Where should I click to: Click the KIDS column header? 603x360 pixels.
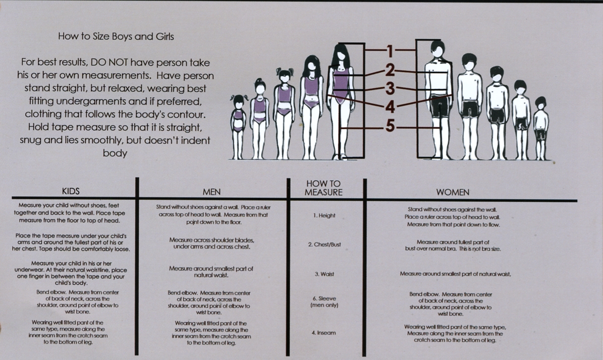click(x=71, y=191)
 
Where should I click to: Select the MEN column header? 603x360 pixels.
click(x=211, y=192)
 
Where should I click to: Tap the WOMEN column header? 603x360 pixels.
click(x=453, y=192)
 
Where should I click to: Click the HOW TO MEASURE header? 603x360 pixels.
click(x=323, y=188)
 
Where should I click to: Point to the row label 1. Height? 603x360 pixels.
click(x=324, y=216)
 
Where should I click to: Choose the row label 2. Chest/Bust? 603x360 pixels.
click(x=324, y=244)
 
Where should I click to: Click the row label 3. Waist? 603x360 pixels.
click(x=324, y=274)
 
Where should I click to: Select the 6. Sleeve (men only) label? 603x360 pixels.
click(x=324, y=301)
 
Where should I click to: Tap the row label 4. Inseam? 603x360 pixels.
click(x=323, y=333)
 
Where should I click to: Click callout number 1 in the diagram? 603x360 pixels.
click(x=390, y=50)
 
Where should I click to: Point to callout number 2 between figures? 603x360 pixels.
click(x=390, y=70)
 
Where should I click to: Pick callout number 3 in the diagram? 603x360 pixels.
click(x=390, y=88)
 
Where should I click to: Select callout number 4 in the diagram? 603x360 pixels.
click(x=390, y=107)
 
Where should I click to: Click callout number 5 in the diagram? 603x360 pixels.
click(x=390, y=126)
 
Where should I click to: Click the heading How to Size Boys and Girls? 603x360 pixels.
click(x=116, y=36)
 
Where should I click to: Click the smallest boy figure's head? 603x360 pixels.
click(x=541, y=104)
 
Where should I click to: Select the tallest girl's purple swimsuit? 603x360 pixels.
click(x=341, y=85)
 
